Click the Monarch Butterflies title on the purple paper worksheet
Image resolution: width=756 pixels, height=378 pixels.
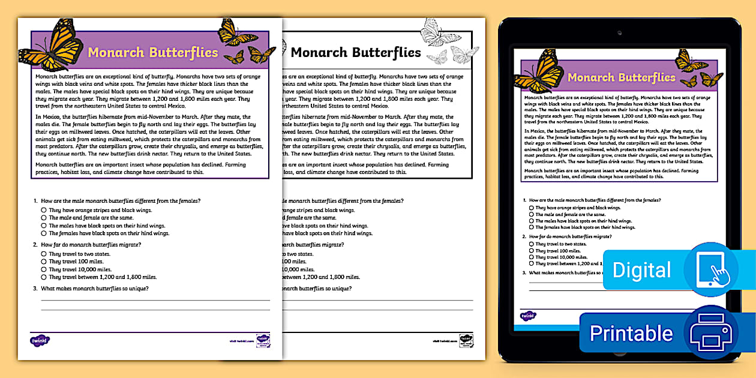153,53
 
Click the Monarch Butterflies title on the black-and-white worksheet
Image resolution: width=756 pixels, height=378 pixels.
356,53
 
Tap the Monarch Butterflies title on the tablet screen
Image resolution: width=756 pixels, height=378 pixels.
621,77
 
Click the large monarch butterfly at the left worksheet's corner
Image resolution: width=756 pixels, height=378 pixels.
54,47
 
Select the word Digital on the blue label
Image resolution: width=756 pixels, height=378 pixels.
641,271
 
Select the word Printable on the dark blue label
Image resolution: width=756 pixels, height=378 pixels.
631,333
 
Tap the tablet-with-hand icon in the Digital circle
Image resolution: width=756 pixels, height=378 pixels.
712,270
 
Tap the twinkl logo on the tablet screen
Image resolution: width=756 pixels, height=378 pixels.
528,316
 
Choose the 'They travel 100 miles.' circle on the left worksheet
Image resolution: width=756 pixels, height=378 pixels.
44,262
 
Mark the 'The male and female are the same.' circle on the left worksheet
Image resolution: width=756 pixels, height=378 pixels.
44,218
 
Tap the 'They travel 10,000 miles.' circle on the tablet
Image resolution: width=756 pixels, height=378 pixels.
532,257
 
